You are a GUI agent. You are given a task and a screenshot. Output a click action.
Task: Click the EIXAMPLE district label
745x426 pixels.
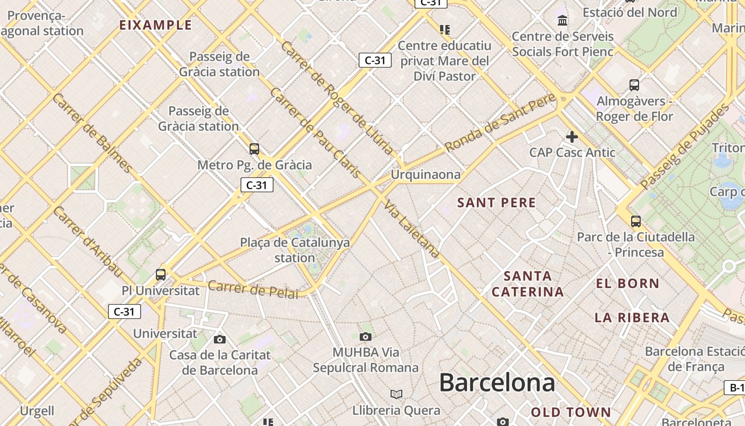[x=155, y=25]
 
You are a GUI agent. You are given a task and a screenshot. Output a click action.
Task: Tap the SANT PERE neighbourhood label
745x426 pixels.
[x=496, y=202]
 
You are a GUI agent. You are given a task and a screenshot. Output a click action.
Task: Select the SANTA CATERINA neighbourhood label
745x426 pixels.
[x=528, y=284]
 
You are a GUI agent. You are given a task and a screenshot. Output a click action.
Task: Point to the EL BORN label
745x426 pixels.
[x=628, y=284]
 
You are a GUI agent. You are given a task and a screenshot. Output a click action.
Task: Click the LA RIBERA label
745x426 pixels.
[x=632, y=318]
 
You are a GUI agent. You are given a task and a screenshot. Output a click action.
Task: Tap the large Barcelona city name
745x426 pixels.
[x=497, y=383]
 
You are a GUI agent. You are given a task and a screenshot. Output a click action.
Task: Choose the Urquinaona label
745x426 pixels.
[x=426, y=175]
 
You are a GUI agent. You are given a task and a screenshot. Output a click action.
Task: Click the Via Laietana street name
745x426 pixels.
[x=412, y=229]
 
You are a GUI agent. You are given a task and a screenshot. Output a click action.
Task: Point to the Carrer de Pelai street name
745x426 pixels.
[x=253, y=290]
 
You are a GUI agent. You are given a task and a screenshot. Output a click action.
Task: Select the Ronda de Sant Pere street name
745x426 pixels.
[x=500, y=122]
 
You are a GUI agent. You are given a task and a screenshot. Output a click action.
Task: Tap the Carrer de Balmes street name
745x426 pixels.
[x=93, y=133]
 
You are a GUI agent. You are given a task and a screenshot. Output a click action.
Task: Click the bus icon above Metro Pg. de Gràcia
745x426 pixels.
[x=254, y=149]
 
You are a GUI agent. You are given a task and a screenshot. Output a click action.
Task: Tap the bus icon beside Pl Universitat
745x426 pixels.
[x=161, y=275]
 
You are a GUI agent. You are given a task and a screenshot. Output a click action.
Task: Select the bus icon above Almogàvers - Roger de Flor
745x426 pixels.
[x=634, y=85]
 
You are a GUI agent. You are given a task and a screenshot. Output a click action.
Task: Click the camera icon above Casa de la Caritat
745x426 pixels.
[x=220, y=339]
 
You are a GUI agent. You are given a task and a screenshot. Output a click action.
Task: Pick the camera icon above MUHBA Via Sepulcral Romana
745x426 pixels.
[x=365, y=337]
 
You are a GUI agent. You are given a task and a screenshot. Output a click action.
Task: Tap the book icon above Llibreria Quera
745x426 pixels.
[x=396, y=394]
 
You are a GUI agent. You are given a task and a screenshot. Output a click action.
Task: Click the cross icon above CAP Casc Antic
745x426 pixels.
[x=572, y=137]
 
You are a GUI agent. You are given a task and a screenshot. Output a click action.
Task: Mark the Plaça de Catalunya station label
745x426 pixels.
[x=295, y=250]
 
